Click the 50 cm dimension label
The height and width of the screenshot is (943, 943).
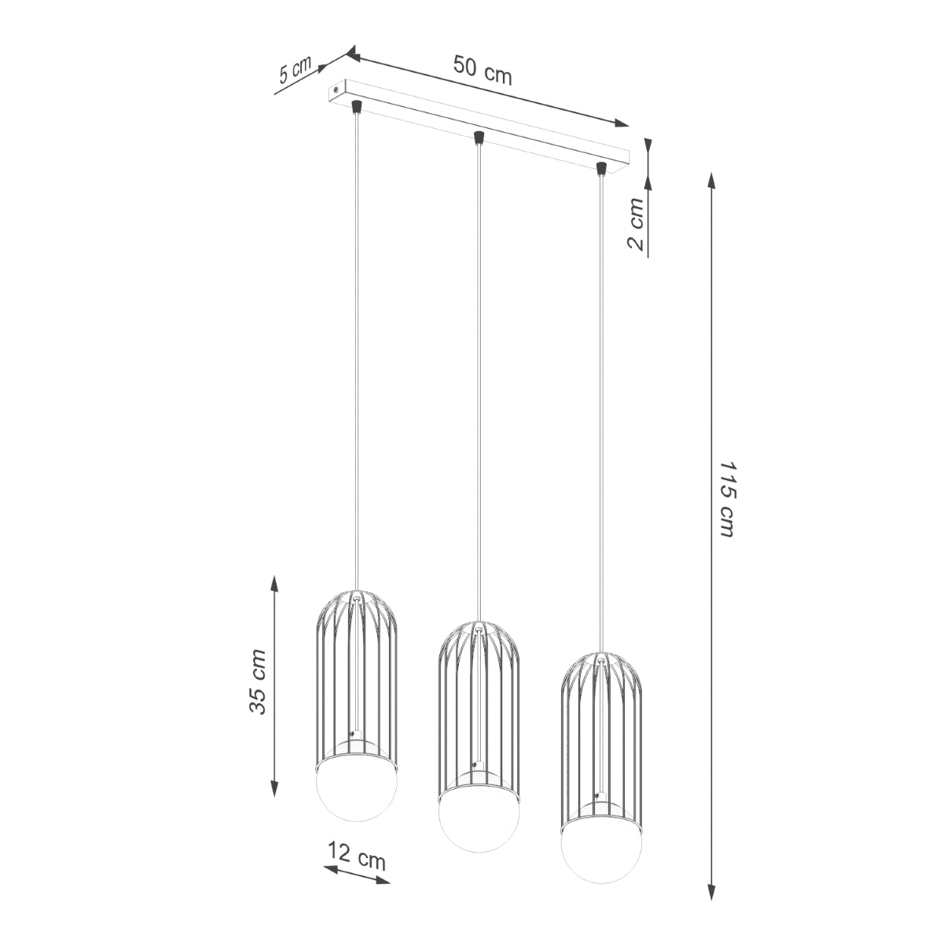pos(482,71)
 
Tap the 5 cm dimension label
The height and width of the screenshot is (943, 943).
pos(295,71)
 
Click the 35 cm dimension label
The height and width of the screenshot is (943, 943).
pos(259,682)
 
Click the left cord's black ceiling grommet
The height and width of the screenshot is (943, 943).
pos(356,106)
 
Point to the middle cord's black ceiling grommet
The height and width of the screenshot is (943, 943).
pos(478,139)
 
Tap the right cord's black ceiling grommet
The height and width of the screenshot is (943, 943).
pos(601,167)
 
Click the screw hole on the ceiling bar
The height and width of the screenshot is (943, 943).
pos(336,91)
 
